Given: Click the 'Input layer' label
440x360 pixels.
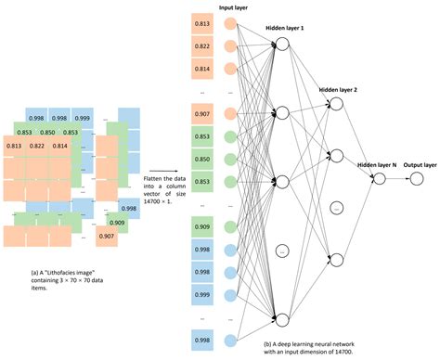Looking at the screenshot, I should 233,6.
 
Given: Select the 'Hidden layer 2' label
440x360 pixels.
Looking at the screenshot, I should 339,91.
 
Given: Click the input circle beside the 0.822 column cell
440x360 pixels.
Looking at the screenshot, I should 229,46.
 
